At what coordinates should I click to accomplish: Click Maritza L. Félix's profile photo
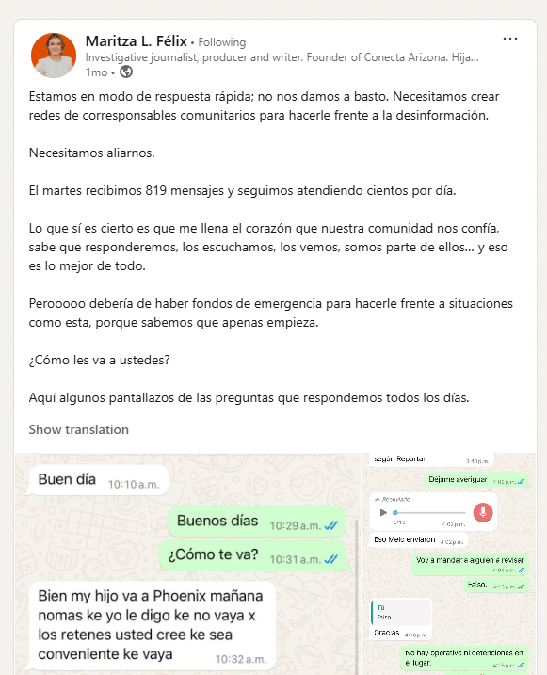(54, 55)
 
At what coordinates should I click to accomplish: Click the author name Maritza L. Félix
(136, 41)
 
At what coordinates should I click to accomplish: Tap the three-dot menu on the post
(510, 40)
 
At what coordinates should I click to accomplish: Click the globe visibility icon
(126, 72)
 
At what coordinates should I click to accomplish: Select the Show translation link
(78, 429)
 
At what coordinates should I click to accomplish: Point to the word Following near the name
(222, 42)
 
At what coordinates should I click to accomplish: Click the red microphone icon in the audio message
(482, 513)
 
